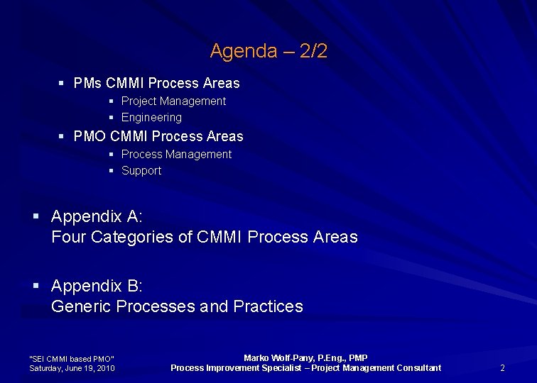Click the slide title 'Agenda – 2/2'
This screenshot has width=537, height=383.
(268, 51)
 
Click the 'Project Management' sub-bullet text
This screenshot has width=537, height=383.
(173, 101)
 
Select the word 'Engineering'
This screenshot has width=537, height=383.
(151, 118)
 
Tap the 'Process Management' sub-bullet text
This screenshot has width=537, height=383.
(176, 155)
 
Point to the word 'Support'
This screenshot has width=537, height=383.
(141, 171)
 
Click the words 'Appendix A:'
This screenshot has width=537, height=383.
(97, 216)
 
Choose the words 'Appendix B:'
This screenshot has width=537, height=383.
(97, 286)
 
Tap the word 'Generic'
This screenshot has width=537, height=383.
(81, 306)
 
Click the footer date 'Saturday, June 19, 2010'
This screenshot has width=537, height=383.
(72, 368)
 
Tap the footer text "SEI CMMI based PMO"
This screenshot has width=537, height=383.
(71, 359)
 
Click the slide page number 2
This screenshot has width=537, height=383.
(502, 367)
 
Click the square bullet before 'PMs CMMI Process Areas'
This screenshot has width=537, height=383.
(63, 83)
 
